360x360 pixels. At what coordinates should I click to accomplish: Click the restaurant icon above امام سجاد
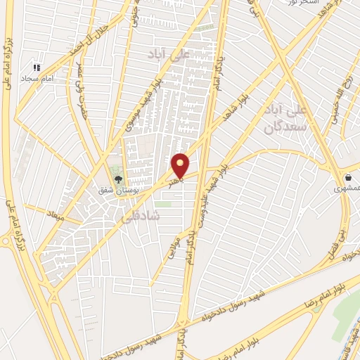point(36,68)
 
